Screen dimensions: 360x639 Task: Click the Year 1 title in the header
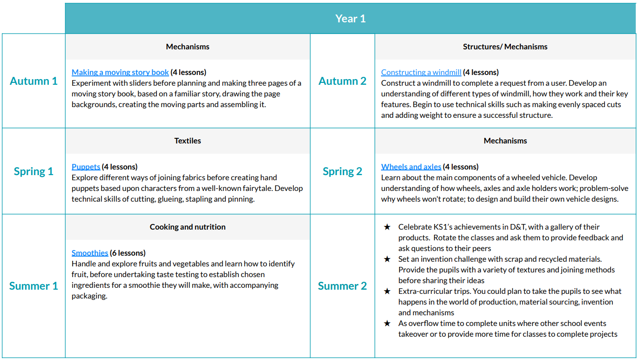[350, 19]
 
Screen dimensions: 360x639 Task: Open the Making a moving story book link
[120, 72]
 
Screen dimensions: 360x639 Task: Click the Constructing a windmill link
[421, 72]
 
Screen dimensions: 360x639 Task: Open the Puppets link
[86, 167]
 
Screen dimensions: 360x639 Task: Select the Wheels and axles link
[411, 167]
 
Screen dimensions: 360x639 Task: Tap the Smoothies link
[90, 253]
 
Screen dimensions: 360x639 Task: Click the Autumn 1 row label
[34, 81]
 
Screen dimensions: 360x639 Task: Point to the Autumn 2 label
[342, 81]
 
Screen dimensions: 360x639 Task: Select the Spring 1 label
[34, 171]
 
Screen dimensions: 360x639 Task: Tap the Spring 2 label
[342, 171]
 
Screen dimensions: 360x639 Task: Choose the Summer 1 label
[34, 286]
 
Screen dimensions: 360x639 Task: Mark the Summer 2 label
[342, 286]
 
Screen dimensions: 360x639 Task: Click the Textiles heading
[188, 141]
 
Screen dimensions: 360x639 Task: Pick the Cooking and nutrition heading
[188, 227]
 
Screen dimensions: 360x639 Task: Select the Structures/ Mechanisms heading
[505, 47]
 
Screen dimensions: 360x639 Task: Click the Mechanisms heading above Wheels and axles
[505, 141]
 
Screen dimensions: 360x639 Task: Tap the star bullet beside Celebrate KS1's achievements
[387, 227]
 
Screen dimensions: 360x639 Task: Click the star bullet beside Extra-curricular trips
[387, 292]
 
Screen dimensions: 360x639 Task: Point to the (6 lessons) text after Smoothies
[128, 253]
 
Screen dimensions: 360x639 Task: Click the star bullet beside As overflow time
[387, 324]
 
